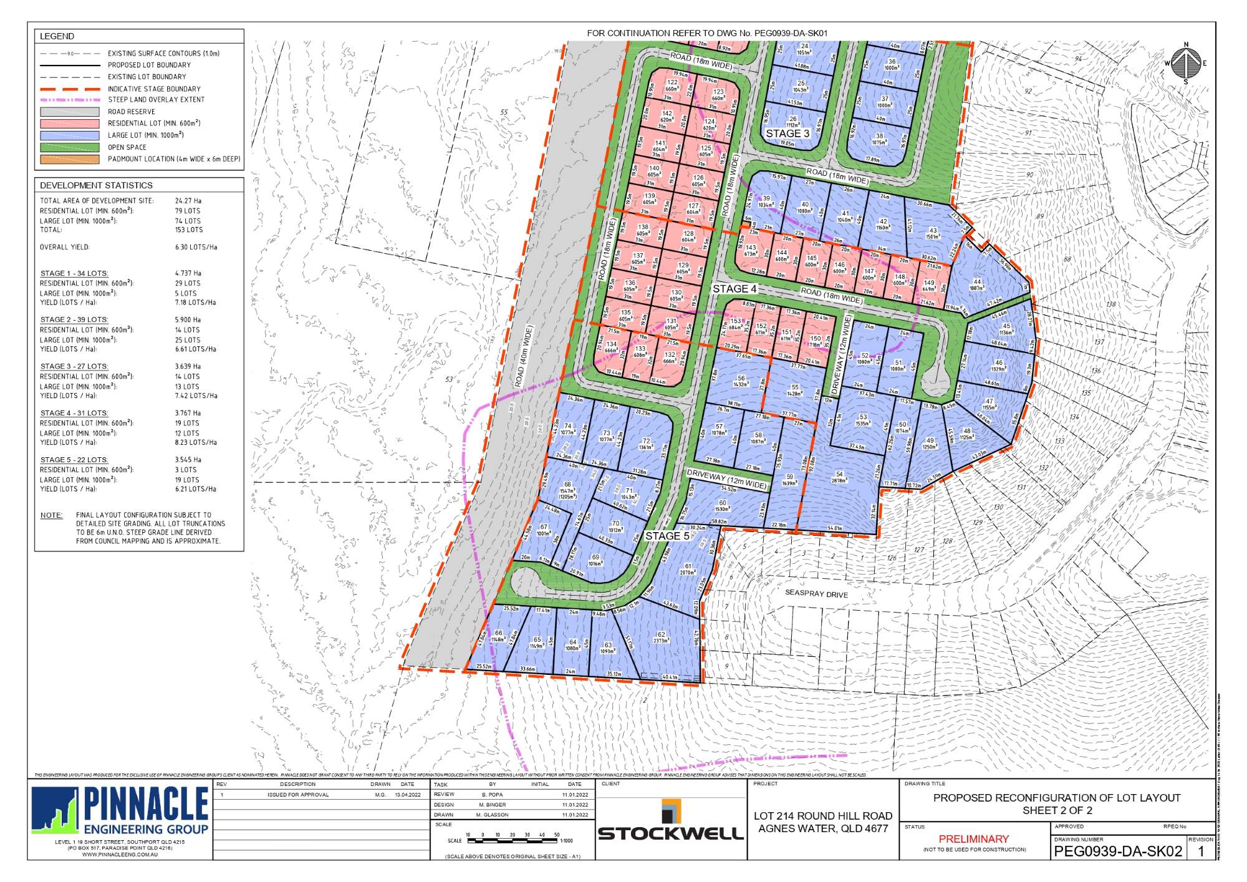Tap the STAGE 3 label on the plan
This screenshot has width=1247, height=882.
point(787,133)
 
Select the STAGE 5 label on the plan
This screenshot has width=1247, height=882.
point(667,536)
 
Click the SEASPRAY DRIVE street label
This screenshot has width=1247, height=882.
point(816,594)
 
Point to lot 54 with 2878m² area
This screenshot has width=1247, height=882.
point(839,477)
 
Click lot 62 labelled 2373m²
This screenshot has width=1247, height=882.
point(661,637)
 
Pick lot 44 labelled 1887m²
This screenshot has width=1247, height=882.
point(977,285)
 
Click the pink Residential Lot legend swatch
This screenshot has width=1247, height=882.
point(69,124)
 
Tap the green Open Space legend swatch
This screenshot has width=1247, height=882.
point(69,147)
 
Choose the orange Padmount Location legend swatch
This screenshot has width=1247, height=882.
point(69,159)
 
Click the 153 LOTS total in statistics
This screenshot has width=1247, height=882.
point(189,230)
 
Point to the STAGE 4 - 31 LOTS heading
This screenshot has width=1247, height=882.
point(74,413)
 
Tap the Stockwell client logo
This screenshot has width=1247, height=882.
point(671,820)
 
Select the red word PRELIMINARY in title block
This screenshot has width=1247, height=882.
point(973,839)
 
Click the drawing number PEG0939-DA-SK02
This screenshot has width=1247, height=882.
point(1117,851)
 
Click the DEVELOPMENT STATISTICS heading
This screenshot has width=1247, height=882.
point(96,185)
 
